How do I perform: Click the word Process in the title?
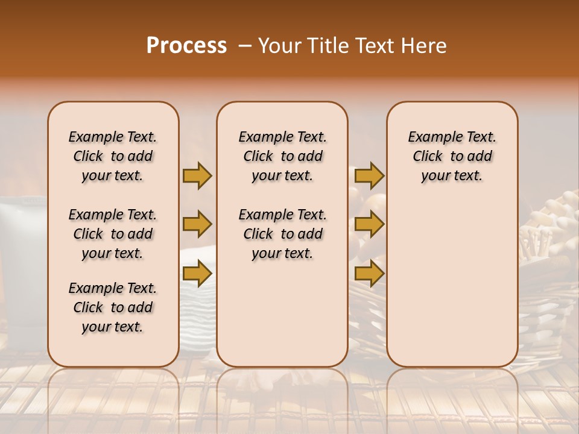pyautogui.click(x=186, y=46)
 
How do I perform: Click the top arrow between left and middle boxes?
pyautogui.click(x=197, y=175)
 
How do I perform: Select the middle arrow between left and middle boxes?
pyautogui.click(x=197, y=224)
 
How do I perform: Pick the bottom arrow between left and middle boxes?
pyautogui.click(x=197, y=274)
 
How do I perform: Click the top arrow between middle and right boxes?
pyautogui.click(x=369, y=175)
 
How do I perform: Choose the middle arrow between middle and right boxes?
pyautogui.click(x=369, y=224)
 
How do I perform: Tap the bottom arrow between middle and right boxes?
pyautogui.click(x=369, y=274)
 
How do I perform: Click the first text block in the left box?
pyautogui.click(x=113, y=156)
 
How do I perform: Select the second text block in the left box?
pyautogui.click(x=113, y=234)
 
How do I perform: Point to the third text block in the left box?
pyautogui.click(x=113, y=307)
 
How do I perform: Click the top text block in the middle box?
pyautogui.click(x=282, y=156)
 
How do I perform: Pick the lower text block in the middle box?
pyautogui.click(x=282, y=234)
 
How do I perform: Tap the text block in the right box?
pyautogui.click(x=452, y=156)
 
